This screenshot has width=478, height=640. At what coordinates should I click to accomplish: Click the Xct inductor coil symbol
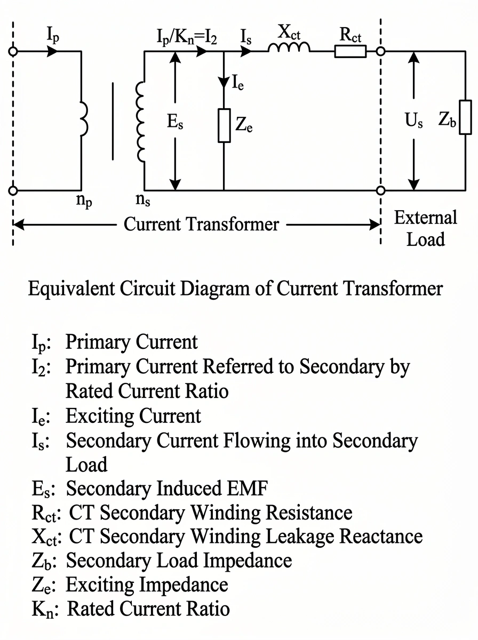pyautogui.click(x=289, y=49)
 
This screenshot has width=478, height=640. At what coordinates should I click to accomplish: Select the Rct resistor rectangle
pyautogui.click(x=350, y=51)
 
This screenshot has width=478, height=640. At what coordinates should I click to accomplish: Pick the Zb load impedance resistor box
pyautogui.click(x=465, y=117)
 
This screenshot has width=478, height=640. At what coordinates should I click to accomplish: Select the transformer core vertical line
pyautogui.click(x=113, y=121)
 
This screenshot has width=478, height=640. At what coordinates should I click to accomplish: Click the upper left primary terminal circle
pyautogui.click(x=14, y=52)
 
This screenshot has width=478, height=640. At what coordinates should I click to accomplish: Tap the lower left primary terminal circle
pyautogui.click(x=14, y=190)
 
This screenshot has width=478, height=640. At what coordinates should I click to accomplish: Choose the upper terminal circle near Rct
pyautogui.click(x=380, y=52)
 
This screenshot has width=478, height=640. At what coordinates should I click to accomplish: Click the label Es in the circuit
pyautogui.click(x=176, y=120)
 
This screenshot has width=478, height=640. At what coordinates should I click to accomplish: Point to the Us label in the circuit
pyautogui.click(x=413, y=120)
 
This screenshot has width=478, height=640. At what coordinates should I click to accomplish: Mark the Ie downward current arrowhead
pyautogui.click(x=224, y=85)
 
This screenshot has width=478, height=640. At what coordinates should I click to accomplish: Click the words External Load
pyautogui.click(x=425, y=228)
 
